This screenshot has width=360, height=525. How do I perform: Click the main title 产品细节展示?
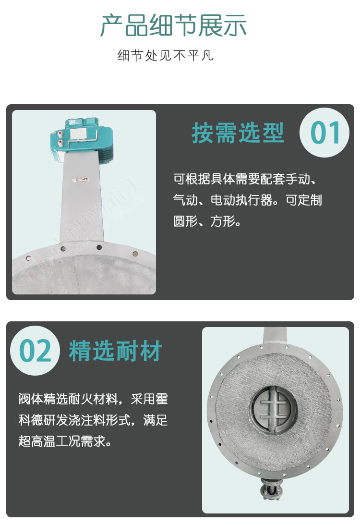click(x=173, y=25)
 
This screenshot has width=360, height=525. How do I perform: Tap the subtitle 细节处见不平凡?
click(x=165, y=55)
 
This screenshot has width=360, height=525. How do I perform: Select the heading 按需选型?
click(x=238, y=133)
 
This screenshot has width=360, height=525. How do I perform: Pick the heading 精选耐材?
click(x=115, y=351)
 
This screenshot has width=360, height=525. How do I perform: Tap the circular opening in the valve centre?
click(x=274, y=408)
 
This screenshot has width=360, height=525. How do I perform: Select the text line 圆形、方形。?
click(x=207, y=221)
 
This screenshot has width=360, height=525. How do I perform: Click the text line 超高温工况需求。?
click(x=65, y=441)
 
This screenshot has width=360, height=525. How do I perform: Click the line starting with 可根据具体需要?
click(x=245, y=179)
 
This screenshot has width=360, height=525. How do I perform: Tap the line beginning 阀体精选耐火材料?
click(x=93, y=399)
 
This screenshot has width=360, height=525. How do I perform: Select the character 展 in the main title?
click(x=210, y=25)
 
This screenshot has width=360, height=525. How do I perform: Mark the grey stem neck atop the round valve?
click(x=275, y=338)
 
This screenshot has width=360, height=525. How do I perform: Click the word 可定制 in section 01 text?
click(x=303, y=200)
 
